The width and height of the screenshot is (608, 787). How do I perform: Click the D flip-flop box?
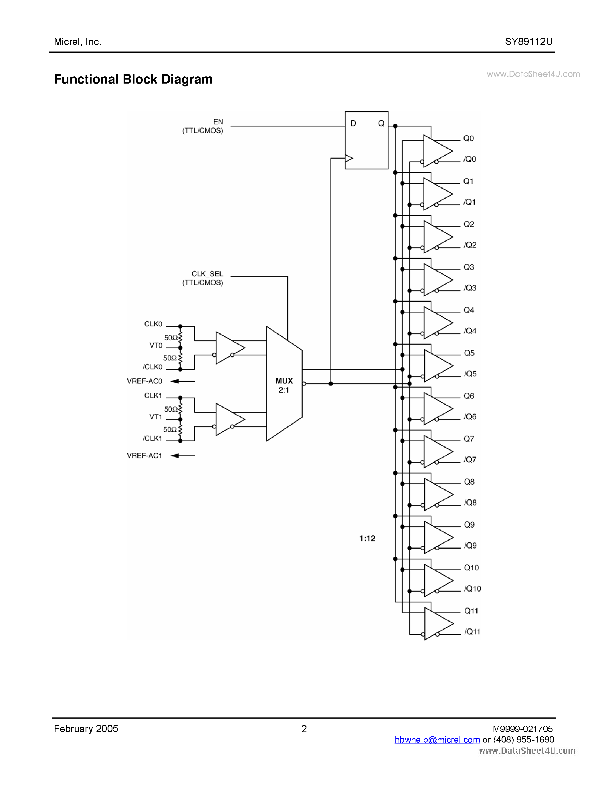click(366, 140)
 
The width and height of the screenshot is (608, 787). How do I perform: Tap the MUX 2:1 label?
click(284, 385)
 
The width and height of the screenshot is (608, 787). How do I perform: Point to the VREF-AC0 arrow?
click(183, 381)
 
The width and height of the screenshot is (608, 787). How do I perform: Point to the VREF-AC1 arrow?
click(183, 456)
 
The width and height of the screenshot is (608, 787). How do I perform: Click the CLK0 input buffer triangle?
click(228, 348)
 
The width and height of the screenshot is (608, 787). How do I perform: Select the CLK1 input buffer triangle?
click(228, 419)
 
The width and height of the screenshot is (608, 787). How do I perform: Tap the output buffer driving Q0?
click(436, 151)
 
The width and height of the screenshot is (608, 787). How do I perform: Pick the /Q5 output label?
click(470, 374)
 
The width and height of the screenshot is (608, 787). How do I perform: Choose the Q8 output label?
click(469, 482)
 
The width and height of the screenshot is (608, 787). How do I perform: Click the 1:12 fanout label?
click(367, 538)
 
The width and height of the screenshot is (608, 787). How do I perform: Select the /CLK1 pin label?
click(153, 438)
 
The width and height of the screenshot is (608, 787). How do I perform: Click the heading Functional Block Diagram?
click(133, 79)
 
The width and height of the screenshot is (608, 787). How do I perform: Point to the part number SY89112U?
click(528, 41)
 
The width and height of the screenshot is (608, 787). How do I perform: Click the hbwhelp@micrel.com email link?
click(437, 740)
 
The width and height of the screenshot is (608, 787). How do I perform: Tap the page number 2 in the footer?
click(304, 729)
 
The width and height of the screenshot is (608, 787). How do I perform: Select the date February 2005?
click(86, 729)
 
